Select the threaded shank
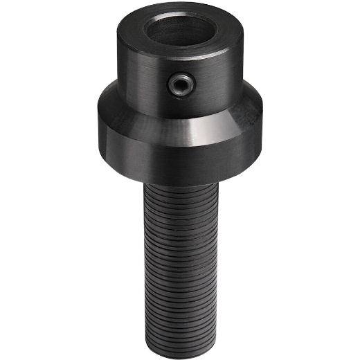click(x=181, y=256)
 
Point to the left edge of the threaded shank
click(x=145, y=256)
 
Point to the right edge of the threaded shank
click(x=217, y=256)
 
